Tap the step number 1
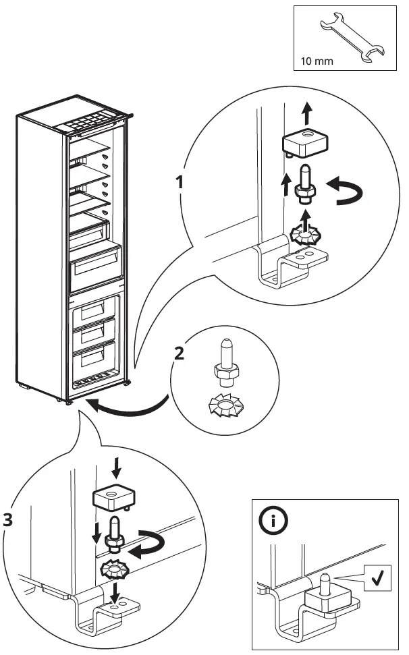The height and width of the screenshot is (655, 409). [180, 181]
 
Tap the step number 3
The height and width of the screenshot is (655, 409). [7, 520]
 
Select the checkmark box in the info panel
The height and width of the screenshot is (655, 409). [377, 578]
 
